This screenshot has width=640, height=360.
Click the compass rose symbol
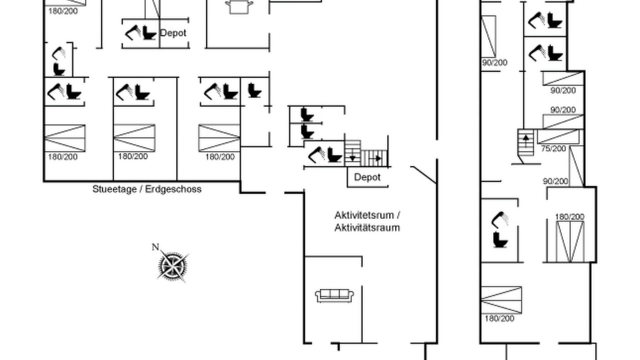click(172, 266)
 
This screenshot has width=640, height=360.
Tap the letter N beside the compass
click(155, 247)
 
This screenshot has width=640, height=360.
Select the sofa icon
click(334, 295)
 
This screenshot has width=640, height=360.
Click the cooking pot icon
click(239, 7)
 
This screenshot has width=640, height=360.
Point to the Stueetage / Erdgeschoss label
click(147, 189)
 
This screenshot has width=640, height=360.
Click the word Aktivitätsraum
click(367, 227)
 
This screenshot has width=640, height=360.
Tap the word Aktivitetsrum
click(365, 215)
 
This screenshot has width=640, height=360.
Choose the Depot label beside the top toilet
click(173, 33)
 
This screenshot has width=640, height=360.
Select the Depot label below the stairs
click(367, 177)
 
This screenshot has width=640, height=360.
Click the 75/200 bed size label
click(553, 148)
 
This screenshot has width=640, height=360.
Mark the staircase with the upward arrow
click(525, 142)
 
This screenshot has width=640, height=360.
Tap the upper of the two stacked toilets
click(307, 114)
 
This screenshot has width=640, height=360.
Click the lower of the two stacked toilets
click(307, 131)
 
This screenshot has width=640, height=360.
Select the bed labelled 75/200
click(558, 136)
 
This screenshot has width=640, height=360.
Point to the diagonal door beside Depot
click(423, 174)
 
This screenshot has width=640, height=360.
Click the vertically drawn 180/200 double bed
click(570, 241)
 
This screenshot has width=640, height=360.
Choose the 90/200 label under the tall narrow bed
click(494, 62)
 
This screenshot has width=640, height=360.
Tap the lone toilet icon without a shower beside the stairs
click(254, 90)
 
